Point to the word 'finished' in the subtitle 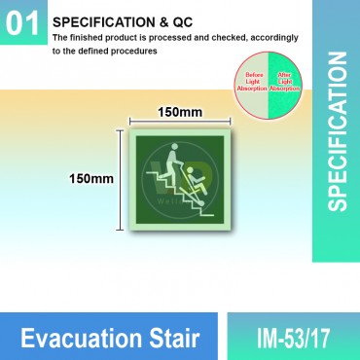(x=111, y=37)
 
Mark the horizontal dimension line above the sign (x=179, y=123)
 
